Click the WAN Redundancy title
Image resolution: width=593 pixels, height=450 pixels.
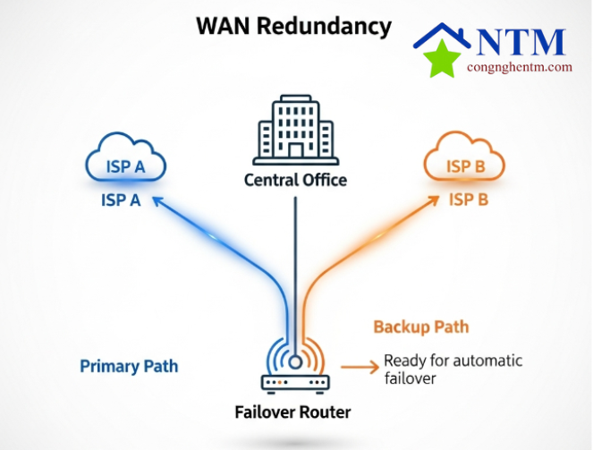pyautogui.click(x=293, y=25)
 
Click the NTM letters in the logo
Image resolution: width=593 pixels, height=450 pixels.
pyautogui.click(x=521, y=41)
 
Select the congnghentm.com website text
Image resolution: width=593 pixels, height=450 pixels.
pyautogui.click(x=519, y=67)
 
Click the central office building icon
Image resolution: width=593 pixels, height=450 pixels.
pyautogui.click(x=295, y=133)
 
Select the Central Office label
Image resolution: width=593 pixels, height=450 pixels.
pyautogui.click(x=295, y=180)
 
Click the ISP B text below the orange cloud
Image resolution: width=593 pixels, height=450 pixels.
pyautogui.click(x=468, y=200)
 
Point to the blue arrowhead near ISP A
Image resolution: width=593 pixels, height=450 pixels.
pyautogui.click(x=158, y=202)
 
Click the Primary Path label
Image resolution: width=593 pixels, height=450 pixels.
pyautogui.click(x=129, y=366)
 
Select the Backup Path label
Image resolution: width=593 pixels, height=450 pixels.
pyautogui.click(x=420, y=327)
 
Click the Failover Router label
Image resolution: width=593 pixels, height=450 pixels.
pyautogui.click(x=293, y=412)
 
